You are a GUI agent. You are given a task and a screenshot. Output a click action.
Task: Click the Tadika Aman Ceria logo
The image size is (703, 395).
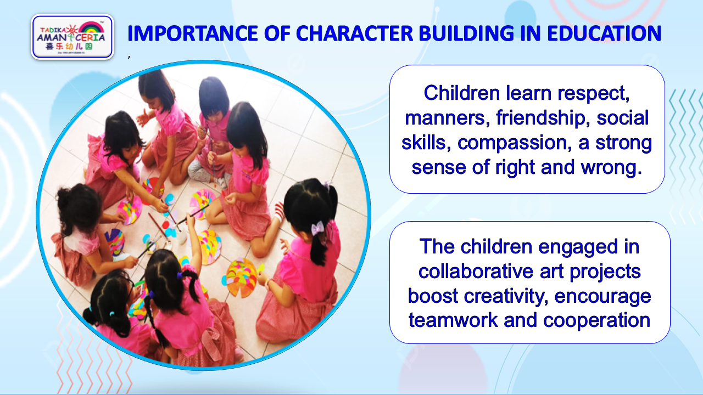point(72,37)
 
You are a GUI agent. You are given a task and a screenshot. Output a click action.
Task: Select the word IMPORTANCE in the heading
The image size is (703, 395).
point(192,33)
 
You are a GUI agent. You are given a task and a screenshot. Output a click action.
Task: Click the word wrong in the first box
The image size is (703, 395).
point(611,168)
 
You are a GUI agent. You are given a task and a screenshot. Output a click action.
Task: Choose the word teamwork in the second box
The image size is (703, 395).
point(453,320)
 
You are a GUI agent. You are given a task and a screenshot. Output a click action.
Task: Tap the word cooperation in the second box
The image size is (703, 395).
point(596,321)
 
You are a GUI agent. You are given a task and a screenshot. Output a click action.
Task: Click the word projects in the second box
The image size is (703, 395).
point(605,272)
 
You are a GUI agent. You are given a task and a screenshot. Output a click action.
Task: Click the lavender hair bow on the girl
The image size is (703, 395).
point(317,228)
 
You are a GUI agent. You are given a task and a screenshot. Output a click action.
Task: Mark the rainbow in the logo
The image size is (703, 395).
point(91,27)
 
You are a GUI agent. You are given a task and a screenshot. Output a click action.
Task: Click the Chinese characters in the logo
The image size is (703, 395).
point(69,47)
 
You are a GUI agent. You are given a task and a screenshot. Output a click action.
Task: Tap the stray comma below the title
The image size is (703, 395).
point(129,57)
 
